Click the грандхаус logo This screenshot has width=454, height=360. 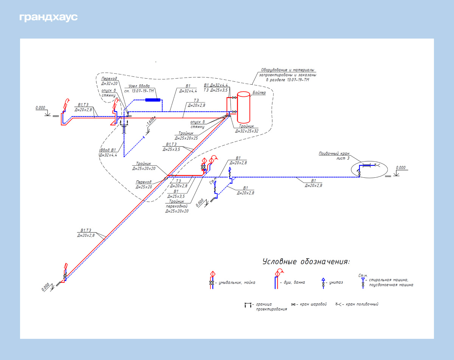(x=48, y=17)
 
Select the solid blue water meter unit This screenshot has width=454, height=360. (x=153, y=100)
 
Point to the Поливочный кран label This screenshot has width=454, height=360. (x=334, y=154)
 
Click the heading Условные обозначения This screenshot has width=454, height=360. (x=306, y=262)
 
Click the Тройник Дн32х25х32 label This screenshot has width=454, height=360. (x=247, y=129)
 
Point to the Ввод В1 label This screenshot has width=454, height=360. (x=108, y=150)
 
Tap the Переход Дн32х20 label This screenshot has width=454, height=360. (x=109, y=81)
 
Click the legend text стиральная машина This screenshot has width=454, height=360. (x=391, y=282)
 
